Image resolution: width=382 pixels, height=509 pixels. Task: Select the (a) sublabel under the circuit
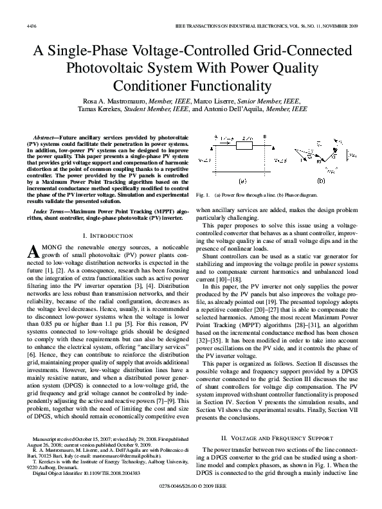tap(243, 182)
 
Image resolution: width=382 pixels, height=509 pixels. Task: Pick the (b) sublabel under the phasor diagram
tap(322, 182)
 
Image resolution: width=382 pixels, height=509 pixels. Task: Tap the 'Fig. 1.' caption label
tap(203, 193)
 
